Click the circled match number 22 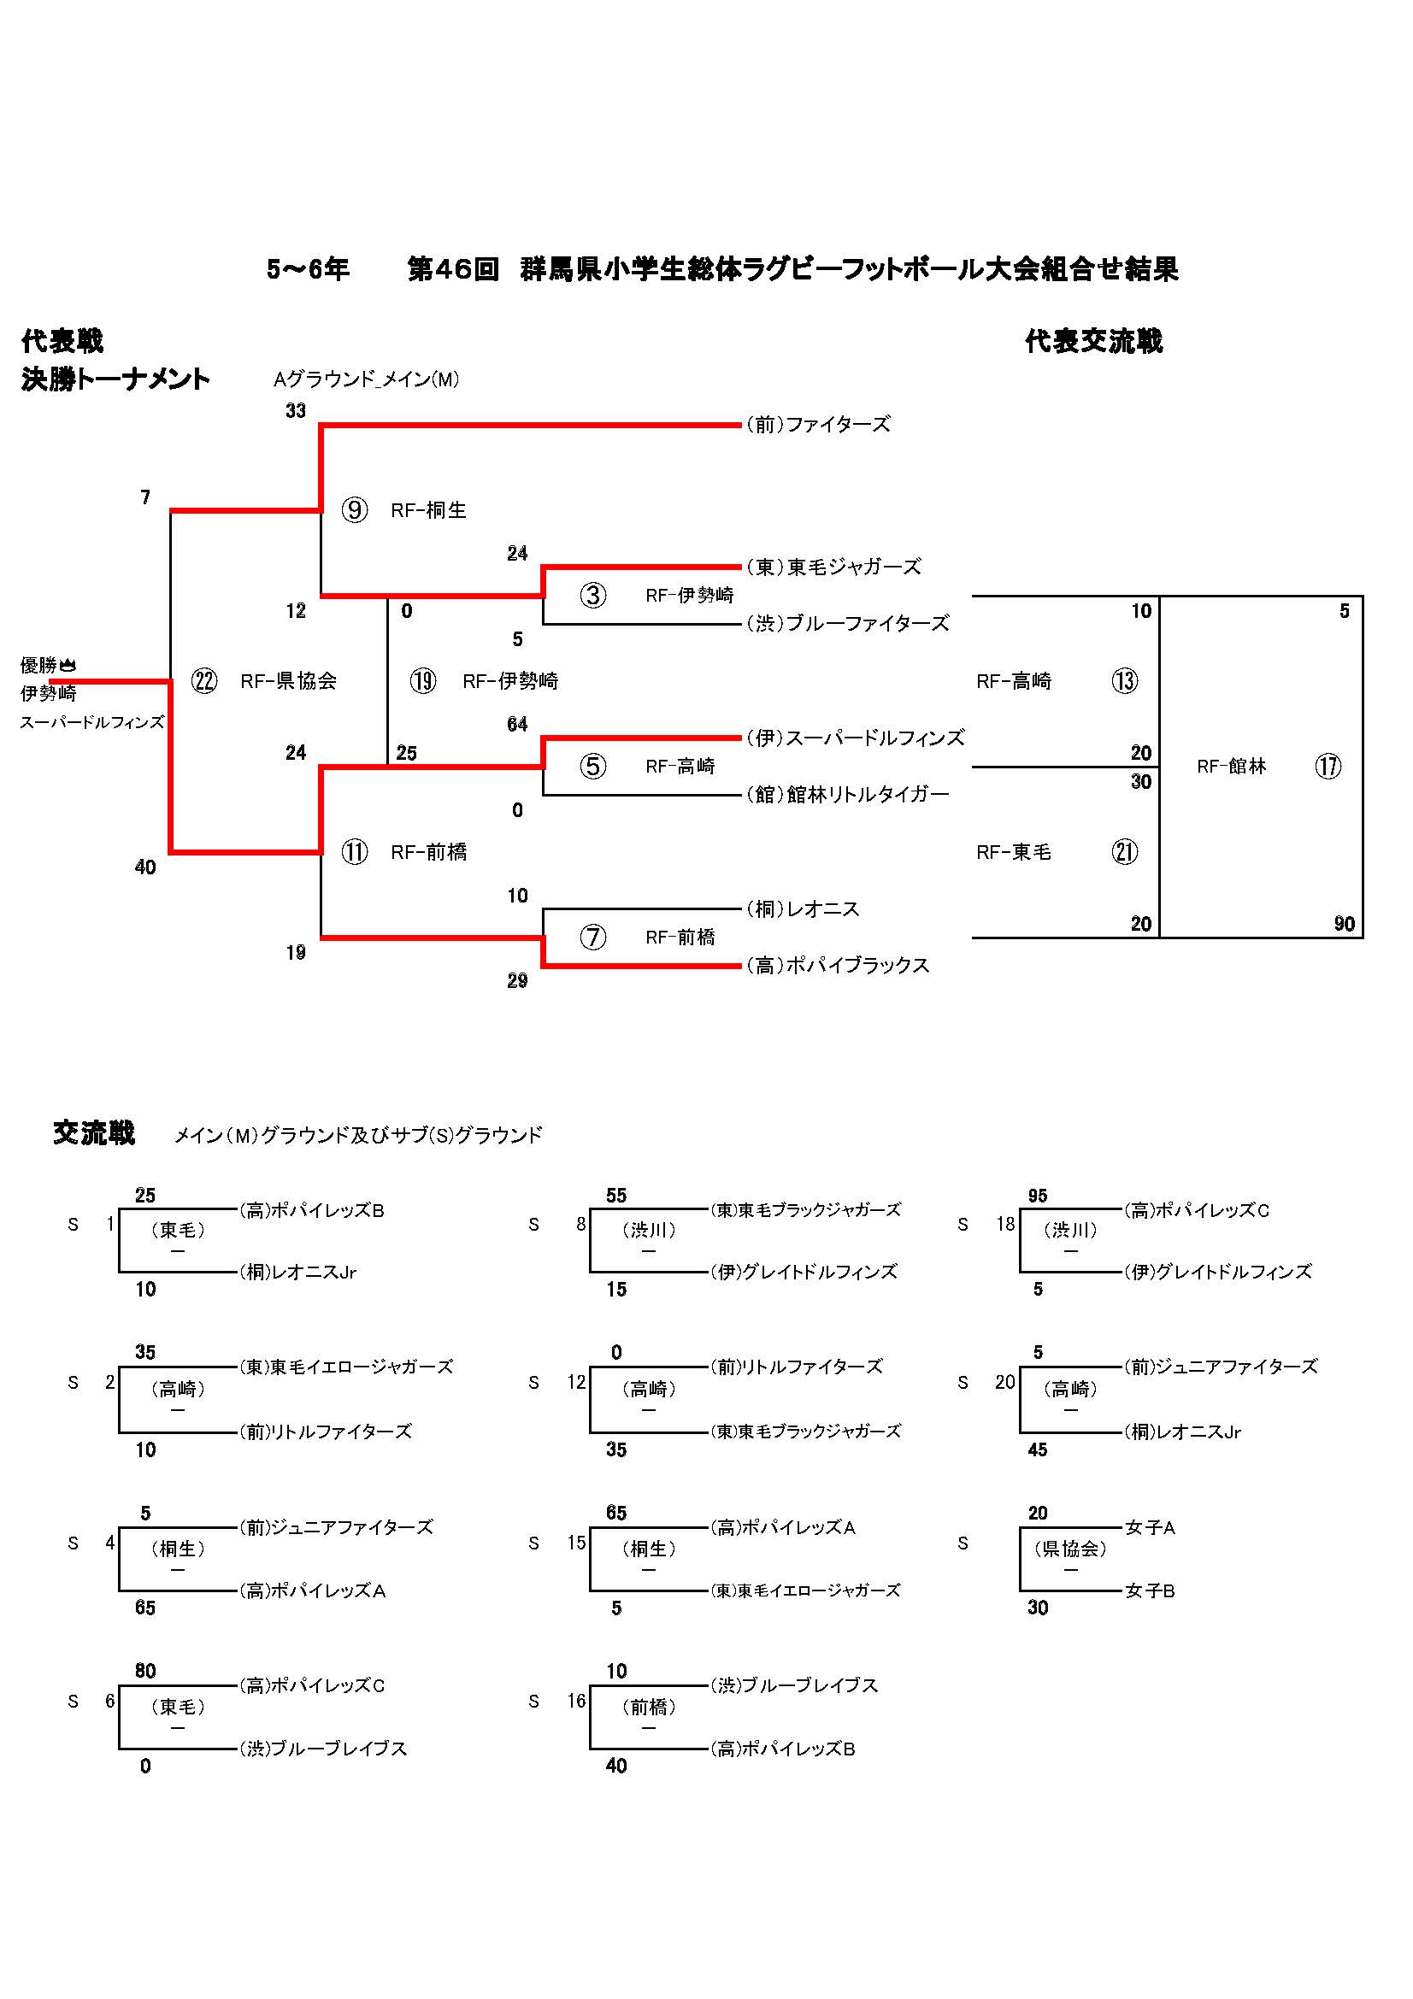(204, 681)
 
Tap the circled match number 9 (355, 509)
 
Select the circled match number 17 (1328, 766)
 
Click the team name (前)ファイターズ (817, 425)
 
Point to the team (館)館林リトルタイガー (847, 794)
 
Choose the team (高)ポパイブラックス (838, 966)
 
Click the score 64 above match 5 (517, 725)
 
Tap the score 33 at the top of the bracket (296, 411)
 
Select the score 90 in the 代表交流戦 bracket (1345, 924)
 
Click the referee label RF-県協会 (288, 681)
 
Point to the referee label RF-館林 (1231, 766)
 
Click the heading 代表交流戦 (1093, 341)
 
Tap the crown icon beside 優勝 (68, 666)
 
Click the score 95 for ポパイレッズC (1037, 1196)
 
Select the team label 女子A (1150, 1528)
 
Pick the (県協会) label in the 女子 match (1070, 1549)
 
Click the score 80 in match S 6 (145, 1671)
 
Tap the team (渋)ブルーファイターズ (847, 623)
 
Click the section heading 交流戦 (94, 1133)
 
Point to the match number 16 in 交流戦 (576, 1702)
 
